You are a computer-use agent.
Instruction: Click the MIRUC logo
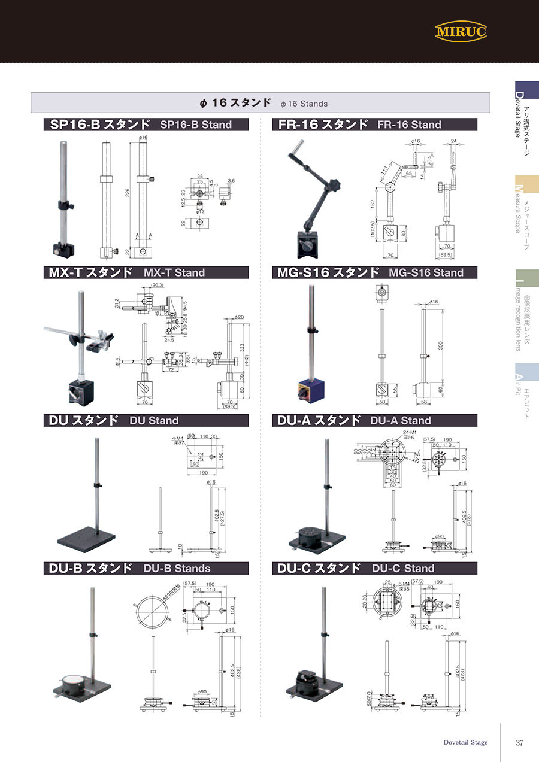click(x=461, y=31)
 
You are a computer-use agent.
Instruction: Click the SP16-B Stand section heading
click(x=146, y=125)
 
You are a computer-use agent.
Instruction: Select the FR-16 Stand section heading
click(x=374, y=125)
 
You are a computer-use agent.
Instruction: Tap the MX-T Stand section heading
click(x=146, y=272)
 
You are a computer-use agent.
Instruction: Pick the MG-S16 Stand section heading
click(x=374, y=272)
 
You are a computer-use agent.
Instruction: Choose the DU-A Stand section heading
click(x=374, y=420)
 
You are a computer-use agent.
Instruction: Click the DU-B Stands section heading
click(x=146, y=568)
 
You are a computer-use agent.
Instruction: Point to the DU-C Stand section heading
click(x=374, y=568)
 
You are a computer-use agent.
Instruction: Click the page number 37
click(x=519, y=743)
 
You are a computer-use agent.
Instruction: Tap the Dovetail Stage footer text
click(x=465, y=742)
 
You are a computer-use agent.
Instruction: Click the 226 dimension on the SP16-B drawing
click(x=128, y=193)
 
